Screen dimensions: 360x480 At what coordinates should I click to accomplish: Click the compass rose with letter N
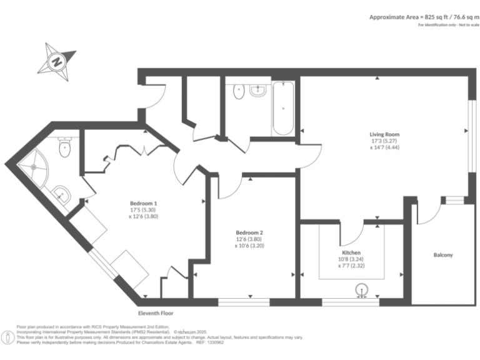click(57, 61)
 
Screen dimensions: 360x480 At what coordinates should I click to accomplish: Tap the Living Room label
click(384, 134)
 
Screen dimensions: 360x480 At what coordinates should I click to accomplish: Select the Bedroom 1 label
click(143, 203)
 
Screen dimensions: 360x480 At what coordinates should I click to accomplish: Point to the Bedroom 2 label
click(249, 232)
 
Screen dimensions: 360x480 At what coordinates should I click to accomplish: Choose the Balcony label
click(443, 255)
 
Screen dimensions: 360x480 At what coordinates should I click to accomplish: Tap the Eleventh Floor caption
click(156, 312)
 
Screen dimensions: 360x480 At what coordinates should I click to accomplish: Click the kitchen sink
click(361, 291)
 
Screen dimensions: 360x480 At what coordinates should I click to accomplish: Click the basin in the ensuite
click(62, 194)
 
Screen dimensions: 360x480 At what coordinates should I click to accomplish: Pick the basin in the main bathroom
click(257, 91)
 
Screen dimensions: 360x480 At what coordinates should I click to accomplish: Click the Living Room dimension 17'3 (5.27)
click(384, 141)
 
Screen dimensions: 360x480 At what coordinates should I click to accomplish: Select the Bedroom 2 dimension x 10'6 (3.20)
click(249, 246)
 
